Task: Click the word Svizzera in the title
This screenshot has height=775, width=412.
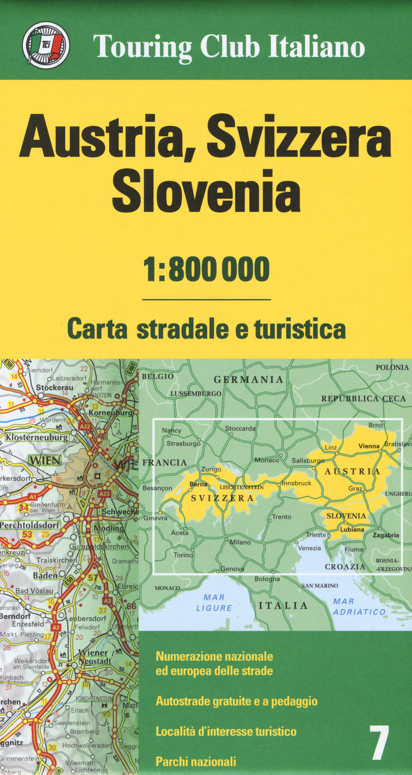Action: point(299,137)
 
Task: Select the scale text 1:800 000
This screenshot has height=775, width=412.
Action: point(206,269)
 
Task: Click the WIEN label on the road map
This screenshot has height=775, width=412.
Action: point(44,460)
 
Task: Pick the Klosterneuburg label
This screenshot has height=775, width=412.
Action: point(37,437)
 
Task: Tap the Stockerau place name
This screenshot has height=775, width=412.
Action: point(54,388)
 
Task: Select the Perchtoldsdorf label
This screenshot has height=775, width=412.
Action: point(30,525)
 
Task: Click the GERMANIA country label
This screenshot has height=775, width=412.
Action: point(248,379)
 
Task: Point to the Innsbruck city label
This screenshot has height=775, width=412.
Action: point(297,483)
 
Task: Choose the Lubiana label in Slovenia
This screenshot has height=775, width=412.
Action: point(352,529)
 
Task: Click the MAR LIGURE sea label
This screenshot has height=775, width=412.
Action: point(214,603)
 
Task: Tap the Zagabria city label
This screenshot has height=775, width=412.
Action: point(386,535)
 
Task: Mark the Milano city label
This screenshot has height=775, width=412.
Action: point(240,542)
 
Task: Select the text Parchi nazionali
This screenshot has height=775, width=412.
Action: point(196,761)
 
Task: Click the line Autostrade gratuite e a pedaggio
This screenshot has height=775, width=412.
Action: point(236,701)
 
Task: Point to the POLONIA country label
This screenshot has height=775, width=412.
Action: point(392,367)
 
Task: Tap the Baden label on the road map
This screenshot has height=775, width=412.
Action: point(45,575)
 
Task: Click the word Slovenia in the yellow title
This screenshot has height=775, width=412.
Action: point(206,191)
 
